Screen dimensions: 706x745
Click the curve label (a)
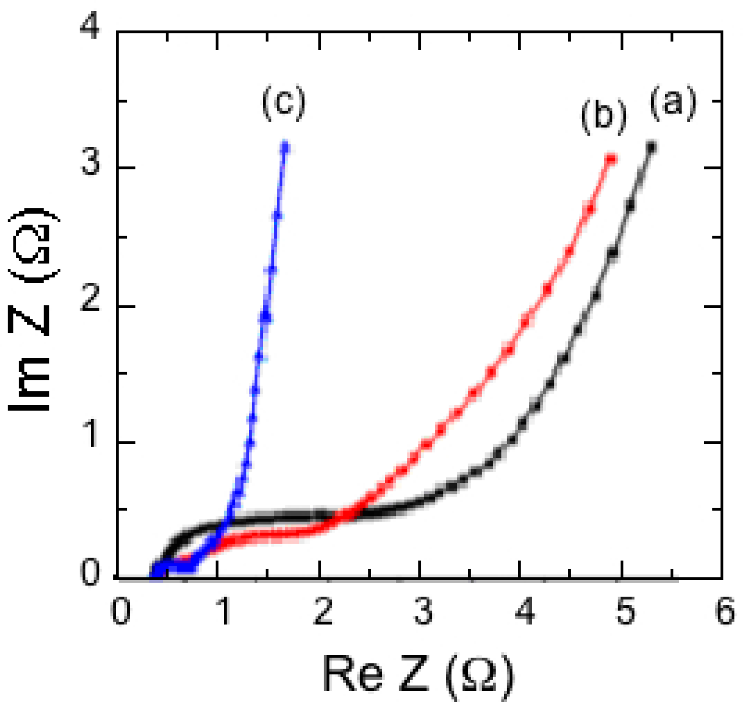[673, 102]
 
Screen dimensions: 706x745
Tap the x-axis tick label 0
[121, 612]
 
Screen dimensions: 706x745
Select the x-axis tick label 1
[224, 612]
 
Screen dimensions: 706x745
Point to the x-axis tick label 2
[323, 612]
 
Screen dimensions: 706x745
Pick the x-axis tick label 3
[424, 612]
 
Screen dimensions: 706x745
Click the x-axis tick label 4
[525, 612]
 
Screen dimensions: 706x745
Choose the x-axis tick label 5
[626, 612]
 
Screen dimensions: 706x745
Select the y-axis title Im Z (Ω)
[31, 309]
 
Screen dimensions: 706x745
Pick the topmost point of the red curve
[610, 159]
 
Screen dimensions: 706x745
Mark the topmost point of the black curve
[651, 147]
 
